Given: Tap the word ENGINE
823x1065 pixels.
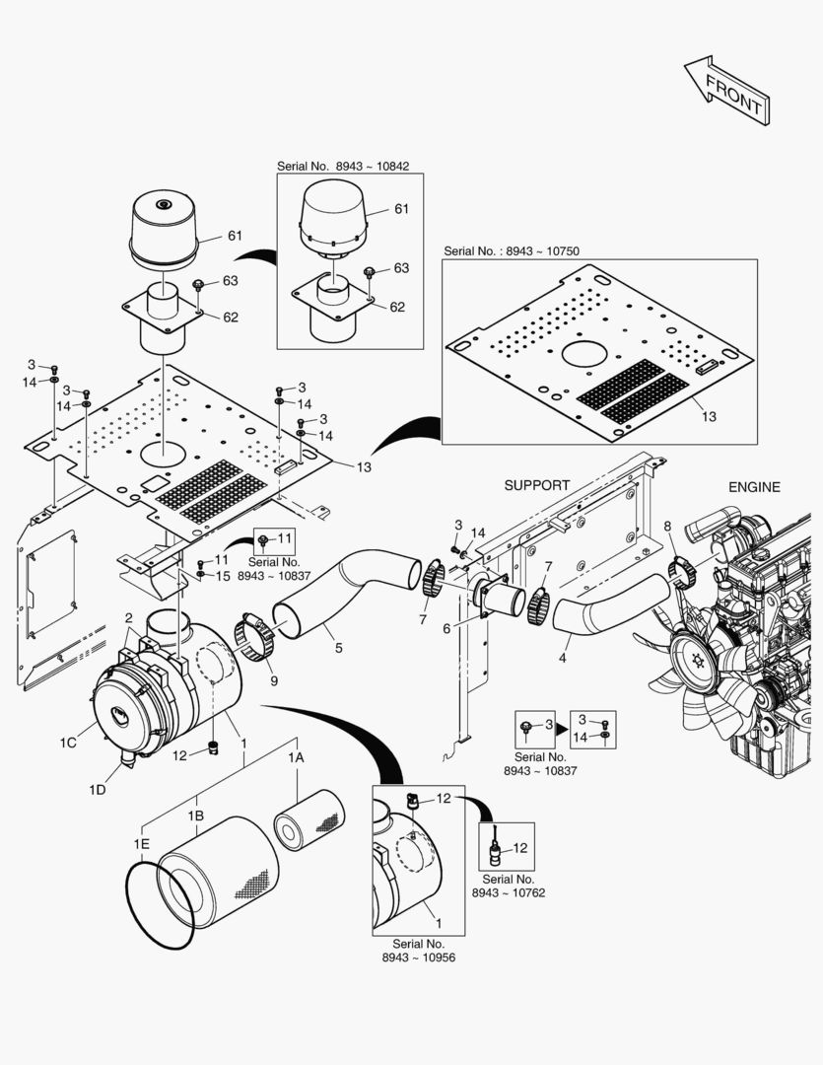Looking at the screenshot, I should point(754,487).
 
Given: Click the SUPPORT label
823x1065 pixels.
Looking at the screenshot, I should point(537,485).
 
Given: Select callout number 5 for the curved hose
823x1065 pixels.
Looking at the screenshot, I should point(338,648).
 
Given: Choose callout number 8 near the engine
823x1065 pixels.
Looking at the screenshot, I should point(667,528).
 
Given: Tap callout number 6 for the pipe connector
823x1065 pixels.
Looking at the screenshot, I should point(446,628).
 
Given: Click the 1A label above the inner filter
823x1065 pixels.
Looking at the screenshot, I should point(296,757).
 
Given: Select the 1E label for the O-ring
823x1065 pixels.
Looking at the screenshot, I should point(141,844).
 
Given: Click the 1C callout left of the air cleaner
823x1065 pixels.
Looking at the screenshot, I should point(68,741).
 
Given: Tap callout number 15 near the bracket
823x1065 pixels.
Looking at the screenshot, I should point(223,575).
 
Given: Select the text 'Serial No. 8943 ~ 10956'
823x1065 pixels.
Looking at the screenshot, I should point(418,951).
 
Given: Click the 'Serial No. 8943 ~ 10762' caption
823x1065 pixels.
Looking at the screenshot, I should point(508,886).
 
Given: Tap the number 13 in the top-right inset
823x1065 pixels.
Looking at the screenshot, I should point(709,417).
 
